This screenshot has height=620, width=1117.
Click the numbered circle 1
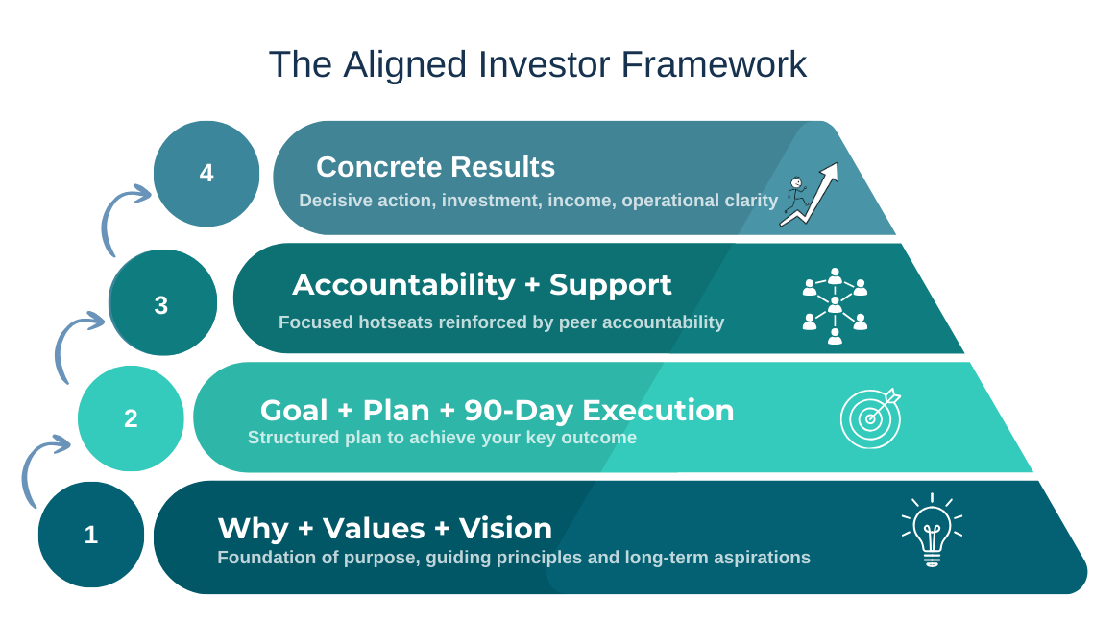[91, 535]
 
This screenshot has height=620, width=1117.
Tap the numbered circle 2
[131, 418]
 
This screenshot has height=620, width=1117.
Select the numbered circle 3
[162, 302]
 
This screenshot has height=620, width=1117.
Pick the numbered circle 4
[206, 174]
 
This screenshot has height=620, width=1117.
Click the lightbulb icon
[932, 530]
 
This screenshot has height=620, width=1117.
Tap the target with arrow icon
[870, 418]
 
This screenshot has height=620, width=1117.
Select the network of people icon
[835, 306]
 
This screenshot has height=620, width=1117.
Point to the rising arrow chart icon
[811, 195]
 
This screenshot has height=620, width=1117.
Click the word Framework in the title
[714, 64]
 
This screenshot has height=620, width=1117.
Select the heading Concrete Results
[435, 167]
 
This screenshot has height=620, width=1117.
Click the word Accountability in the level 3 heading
[404, 285]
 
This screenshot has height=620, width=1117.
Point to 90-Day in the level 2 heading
[519, 411]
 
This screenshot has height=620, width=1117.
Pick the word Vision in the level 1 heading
[505, 529]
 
